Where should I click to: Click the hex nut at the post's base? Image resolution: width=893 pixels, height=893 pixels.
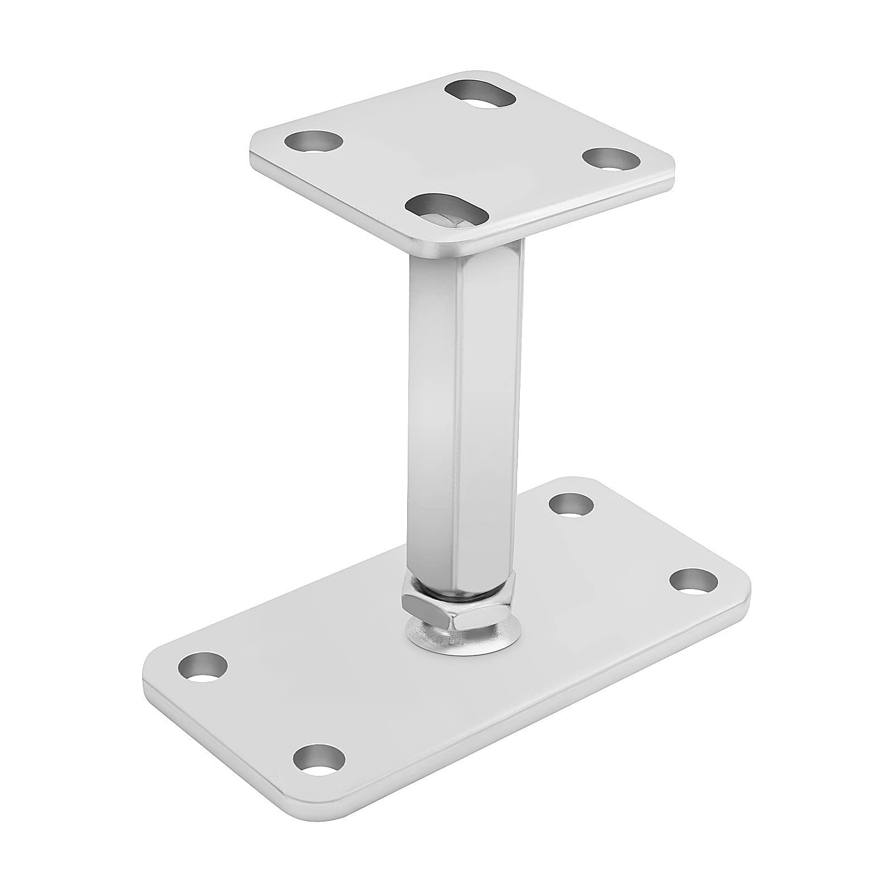450,606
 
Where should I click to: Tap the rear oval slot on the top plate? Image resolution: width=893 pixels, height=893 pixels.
481,93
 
